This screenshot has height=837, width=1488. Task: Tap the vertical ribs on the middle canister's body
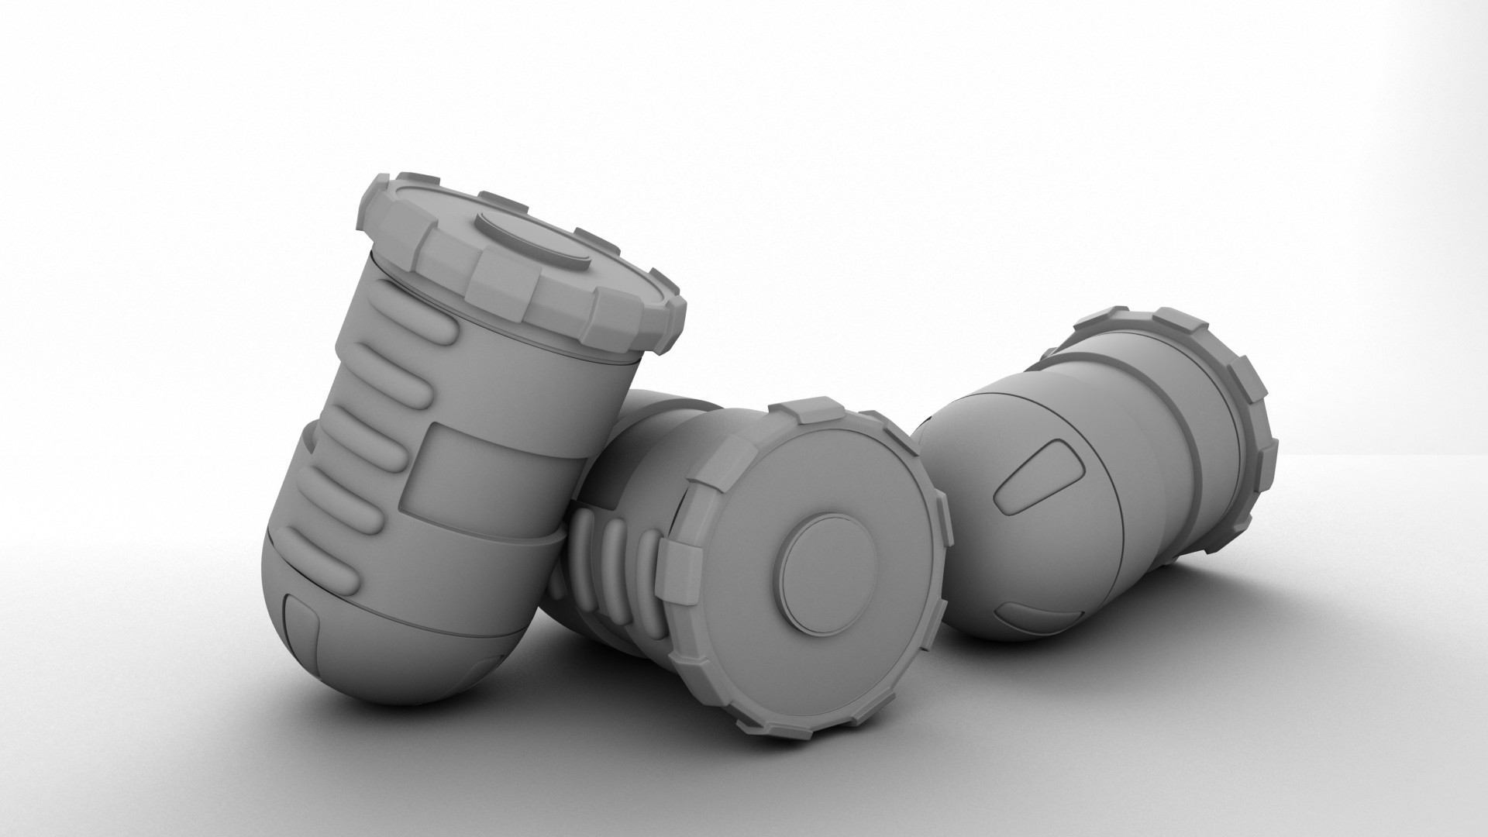click(x=620, y=570)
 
